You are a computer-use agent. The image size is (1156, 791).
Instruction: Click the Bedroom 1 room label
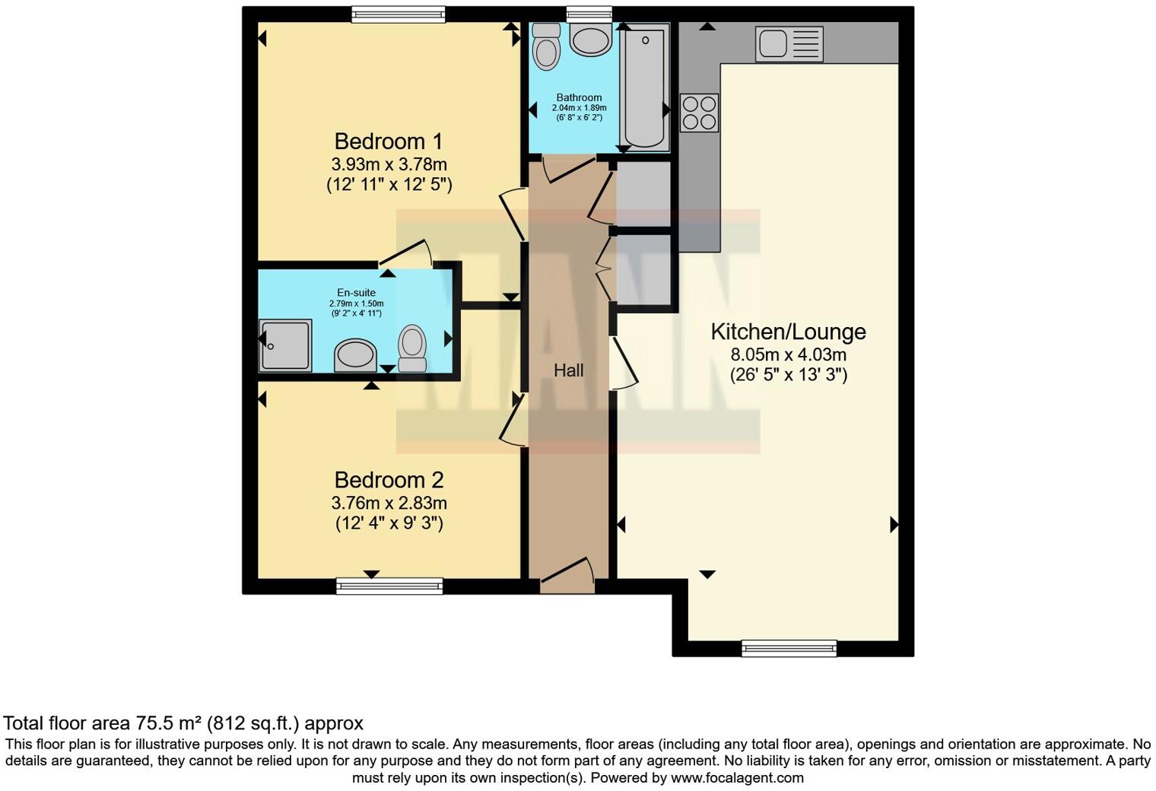pos(389,141)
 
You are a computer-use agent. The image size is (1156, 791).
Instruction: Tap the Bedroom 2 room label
pos(389,480)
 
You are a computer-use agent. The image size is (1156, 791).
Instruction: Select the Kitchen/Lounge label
pos(788,332)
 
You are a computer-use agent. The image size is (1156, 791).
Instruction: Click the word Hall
pos(568,370)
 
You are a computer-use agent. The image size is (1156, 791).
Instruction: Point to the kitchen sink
pos(789,43)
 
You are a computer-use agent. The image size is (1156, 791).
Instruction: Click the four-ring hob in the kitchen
pos(699,113)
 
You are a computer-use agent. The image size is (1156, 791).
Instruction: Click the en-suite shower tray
pos(285,345)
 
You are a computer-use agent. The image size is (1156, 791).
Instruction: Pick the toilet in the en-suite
pos(412,348)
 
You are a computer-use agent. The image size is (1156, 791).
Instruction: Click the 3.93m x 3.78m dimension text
pos(389,164)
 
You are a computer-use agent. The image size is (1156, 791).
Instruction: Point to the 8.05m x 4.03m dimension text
pos(788,354)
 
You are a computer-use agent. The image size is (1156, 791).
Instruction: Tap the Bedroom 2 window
pos(389,585)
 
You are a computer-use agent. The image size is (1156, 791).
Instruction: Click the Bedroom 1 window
pos(398,14)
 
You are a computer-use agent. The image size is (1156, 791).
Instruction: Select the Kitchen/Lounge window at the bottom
pos(789,648)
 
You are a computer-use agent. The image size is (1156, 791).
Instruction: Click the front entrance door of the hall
pos(567,578)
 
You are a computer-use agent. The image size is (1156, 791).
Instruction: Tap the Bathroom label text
pos(579,97)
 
